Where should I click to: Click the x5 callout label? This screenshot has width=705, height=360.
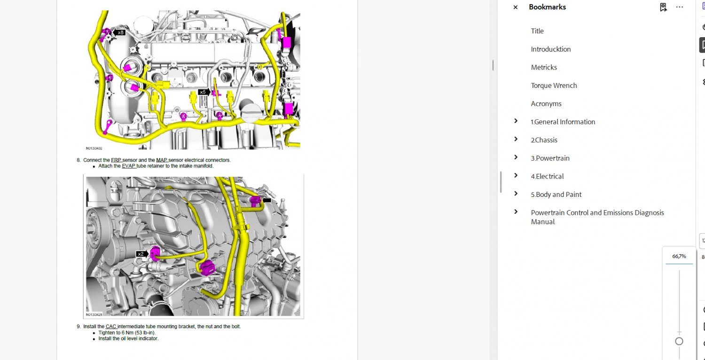(204, 92)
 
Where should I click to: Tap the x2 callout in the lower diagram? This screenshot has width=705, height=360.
(141, 254)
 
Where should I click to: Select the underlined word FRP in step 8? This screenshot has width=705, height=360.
(116, 160)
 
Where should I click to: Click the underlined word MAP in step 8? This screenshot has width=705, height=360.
(162, 160)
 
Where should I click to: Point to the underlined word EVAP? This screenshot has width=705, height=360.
(128, 166)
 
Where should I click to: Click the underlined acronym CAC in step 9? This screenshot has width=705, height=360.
(111, 327)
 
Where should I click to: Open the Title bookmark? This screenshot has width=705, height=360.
(537, 31)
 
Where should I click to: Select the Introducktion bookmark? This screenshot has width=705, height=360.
(551, 49)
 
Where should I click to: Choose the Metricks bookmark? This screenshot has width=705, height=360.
(544, 67)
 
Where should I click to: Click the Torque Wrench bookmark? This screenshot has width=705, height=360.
(554, 86)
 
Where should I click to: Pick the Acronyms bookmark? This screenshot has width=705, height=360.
(546, 104)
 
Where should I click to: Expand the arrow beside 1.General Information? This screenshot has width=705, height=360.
(516, 121)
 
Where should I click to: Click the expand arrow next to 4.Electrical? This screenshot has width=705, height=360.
(516, 176)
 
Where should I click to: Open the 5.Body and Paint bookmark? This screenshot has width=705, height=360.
(556, 195)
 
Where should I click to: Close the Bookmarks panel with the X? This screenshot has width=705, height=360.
(515, 7)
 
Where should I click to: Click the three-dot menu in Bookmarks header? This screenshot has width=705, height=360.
(680, 7)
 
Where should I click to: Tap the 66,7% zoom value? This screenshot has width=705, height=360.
(679, 257)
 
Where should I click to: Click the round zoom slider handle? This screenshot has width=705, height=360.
(679, 341)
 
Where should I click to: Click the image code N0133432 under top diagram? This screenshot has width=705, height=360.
(94, 148)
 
